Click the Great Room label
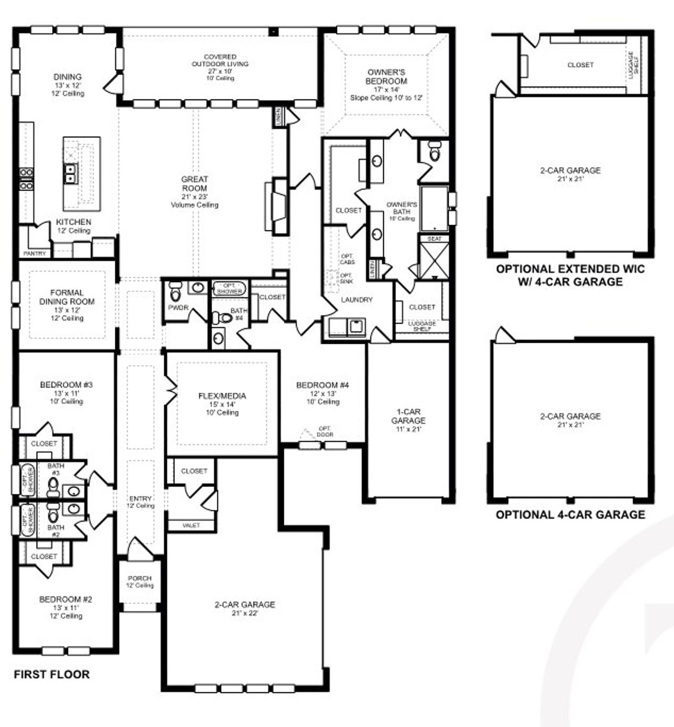(194, 183)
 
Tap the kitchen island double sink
(70, 173)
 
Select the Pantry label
(35, 254)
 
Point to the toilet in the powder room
(175, 290)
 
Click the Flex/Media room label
(222, 396)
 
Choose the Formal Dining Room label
(67, 297)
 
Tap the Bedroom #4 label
(322, 385)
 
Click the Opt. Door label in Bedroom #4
(325, 432)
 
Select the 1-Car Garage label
(408, 416)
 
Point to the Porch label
(140, 578)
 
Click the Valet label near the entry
(191, 526)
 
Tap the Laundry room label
(356, 299)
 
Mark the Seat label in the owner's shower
(434, 239)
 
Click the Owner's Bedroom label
(386, 76)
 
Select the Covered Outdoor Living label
(220, 60)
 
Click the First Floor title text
(52, 674)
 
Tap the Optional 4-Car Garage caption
(570, 515)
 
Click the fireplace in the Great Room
(278, 206)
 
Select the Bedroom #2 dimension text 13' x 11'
(66, 607)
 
